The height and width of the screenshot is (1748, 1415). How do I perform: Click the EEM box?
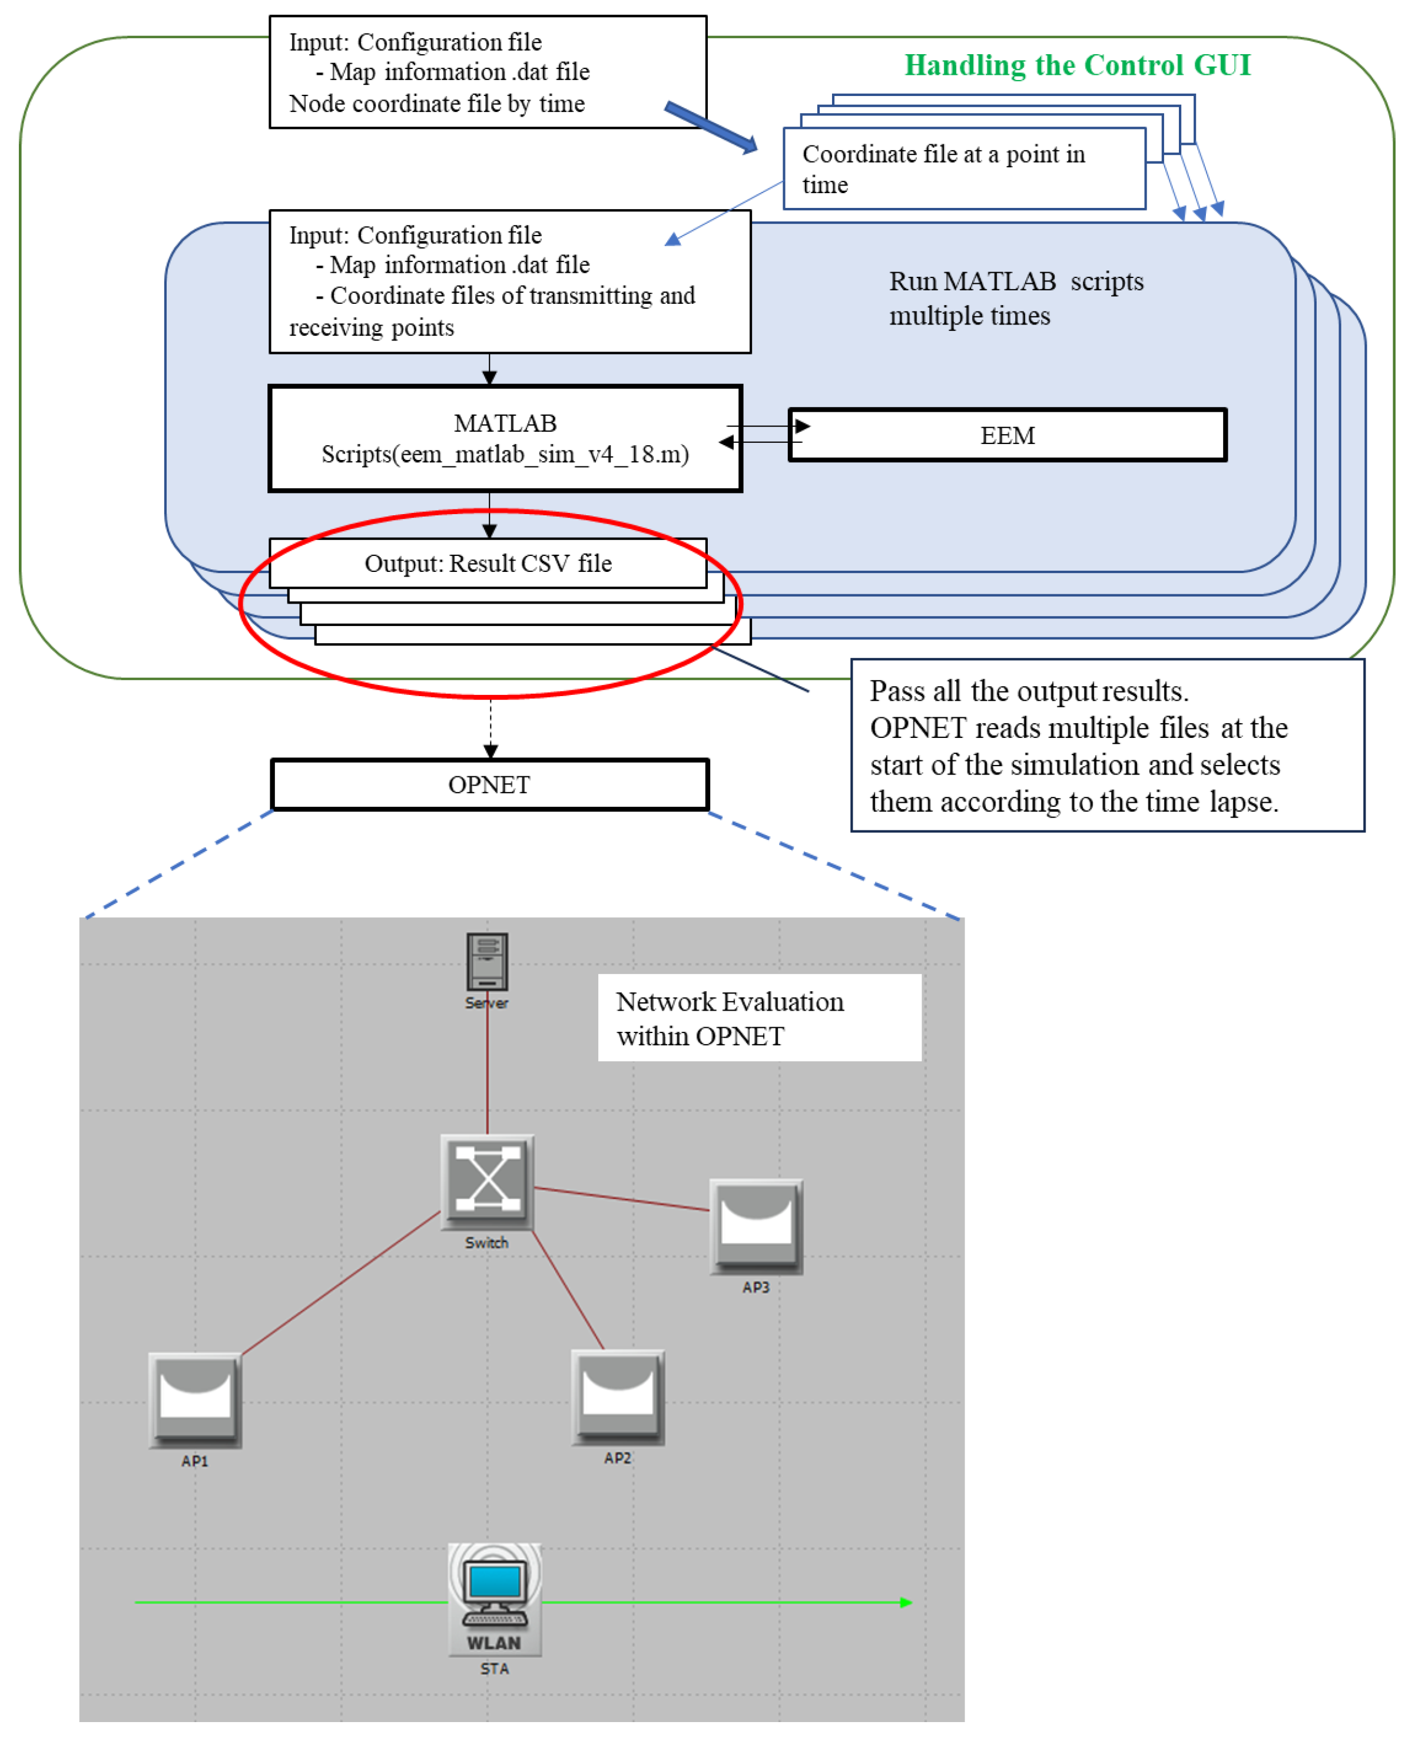coord(1008,435)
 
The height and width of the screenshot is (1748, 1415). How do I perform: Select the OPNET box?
coord(490,784)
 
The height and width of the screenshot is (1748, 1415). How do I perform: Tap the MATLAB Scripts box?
coord(505,439)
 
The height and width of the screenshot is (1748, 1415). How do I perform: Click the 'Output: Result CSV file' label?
coord(488,564)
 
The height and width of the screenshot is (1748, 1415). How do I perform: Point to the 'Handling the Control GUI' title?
coord(1078,65)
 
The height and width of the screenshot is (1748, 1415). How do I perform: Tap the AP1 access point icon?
coord(195,1400)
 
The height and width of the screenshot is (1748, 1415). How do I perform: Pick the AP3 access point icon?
coord(757,1226)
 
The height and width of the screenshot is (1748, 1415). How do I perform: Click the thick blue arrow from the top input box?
coord(711,127)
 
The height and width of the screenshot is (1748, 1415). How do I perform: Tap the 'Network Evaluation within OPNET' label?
coord(730,1018)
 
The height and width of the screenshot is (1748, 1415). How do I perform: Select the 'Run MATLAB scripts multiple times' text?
coord(1016,299)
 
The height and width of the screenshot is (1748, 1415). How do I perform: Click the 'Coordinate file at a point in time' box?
coord(965,169)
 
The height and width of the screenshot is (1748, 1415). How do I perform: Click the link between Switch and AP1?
coord(342,1283)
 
